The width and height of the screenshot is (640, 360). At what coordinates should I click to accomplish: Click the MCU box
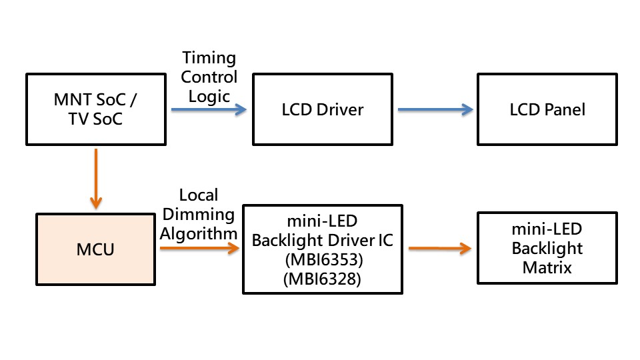[96, 249]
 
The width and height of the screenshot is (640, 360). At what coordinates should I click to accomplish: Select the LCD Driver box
[322, 109]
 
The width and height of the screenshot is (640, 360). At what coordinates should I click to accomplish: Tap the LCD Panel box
[547, 109]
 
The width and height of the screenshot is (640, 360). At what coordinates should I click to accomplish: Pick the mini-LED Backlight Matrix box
[547, 249]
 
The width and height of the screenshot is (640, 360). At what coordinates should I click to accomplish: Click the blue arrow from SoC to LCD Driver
[207, 109]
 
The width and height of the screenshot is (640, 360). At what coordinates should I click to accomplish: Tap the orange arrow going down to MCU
[96, 179]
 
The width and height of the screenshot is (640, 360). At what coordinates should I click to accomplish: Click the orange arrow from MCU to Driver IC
[199, 248]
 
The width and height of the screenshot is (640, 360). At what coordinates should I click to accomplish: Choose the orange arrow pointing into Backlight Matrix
[440, 249]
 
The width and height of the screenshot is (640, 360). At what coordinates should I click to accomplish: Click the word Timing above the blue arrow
[209, 59]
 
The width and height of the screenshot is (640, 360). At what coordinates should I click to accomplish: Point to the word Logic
[209, 95]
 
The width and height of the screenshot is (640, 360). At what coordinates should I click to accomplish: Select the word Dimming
[199, 215]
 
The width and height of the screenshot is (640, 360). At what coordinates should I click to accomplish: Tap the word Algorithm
[199, 233]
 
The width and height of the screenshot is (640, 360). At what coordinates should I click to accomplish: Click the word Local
[199, 195]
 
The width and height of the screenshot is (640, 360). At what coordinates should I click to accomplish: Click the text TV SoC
[97, 120]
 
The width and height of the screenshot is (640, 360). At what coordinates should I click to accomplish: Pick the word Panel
[565, 109]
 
